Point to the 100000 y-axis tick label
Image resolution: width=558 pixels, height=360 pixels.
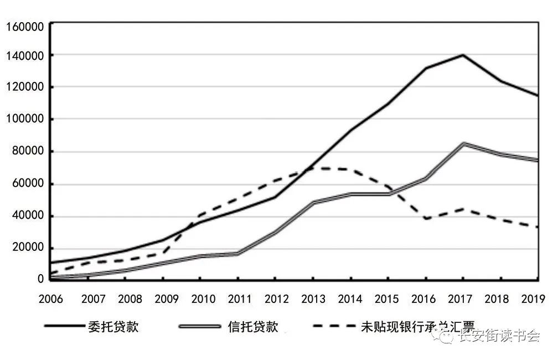coord(24,119)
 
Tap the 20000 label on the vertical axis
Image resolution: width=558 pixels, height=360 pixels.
coord(27,248)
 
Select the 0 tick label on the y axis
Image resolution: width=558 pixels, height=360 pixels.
coord(40,279)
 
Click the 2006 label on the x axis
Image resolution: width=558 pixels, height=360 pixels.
coord(50,299)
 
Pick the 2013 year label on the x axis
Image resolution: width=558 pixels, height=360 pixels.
coord(313,299)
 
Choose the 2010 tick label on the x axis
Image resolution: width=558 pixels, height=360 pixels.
coord(204,299)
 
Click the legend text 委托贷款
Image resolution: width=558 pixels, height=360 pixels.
coord(113,326)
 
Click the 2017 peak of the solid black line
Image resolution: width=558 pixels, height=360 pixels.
coord(463,55)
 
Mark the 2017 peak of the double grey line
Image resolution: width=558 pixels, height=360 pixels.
coord(463,144)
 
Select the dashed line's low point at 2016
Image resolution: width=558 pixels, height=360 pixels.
coord(425,219)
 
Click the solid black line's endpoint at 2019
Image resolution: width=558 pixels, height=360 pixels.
coord(538,96)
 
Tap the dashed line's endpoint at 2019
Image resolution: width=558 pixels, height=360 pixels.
coord(538,227)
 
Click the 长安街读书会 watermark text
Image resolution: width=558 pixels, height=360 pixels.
coord(498,336)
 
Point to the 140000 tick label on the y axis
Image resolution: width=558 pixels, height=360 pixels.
coord(24,55)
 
